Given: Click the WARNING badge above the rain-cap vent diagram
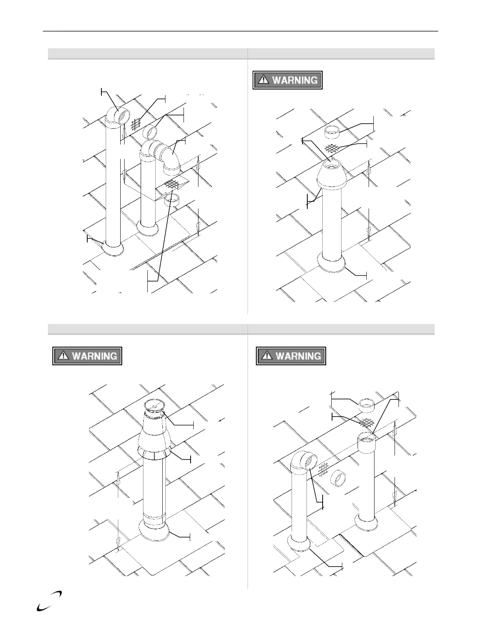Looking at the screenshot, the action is (x=87, y=356).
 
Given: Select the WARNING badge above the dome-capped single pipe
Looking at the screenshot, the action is (x=287, y=80).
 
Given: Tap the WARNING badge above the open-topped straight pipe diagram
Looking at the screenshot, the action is (x=291, y=356).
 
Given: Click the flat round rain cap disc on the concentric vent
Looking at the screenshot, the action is (x=154, y=405).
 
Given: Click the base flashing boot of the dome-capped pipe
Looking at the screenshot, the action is (x=332, y=263).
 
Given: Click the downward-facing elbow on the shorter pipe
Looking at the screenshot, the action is (x=170, y=159).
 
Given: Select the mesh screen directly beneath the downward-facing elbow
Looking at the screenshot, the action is (x=171, y=184).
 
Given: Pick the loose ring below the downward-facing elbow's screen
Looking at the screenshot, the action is (x=172, y=200).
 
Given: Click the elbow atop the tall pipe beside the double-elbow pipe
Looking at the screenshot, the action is (x=118, y=116).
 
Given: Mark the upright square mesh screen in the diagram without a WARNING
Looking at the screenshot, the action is (x=135, y=124).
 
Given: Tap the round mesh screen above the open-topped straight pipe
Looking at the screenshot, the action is (x=367, y=423).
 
